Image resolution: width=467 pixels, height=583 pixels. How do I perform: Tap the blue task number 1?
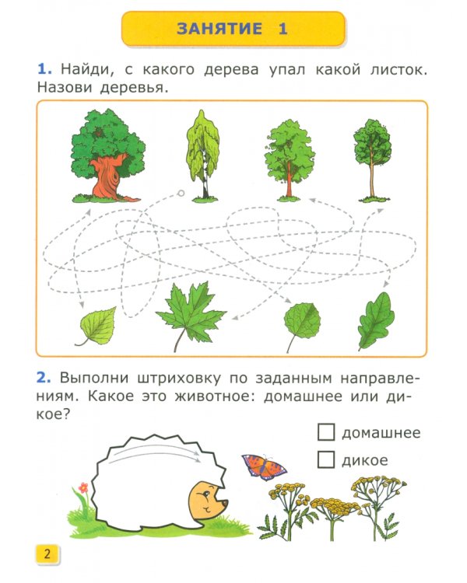click(x=42, y=70)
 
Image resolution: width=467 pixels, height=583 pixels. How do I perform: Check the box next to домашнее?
click(x=327, y=432)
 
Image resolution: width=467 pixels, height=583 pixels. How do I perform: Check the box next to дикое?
click(x=327, y=459)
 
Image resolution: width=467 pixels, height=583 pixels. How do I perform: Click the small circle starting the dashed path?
click(x=181, y=193)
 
